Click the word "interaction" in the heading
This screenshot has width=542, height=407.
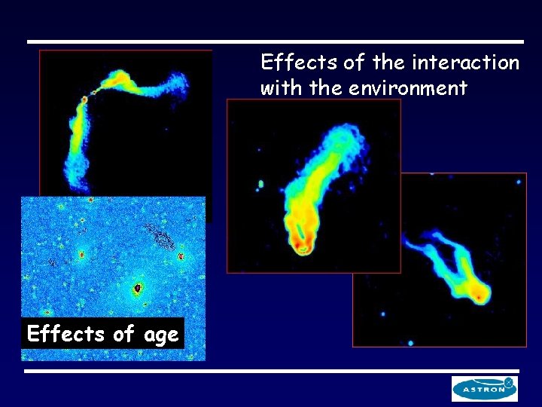[x=473, y=62]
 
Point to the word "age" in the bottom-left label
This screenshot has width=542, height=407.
[x=161, y=334]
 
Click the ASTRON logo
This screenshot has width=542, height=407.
[x=485, y=388]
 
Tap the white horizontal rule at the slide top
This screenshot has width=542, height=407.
[x=275, y=41]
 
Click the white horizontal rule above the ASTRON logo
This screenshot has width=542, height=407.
[x=271, y=371]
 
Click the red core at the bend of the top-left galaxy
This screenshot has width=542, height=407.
[x=84, y=98]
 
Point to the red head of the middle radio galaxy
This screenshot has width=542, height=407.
[x=303, y=246]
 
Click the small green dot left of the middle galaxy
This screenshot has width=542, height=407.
[x=261, y=183]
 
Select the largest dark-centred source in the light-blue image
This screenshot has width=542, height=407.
[x=138, y=288]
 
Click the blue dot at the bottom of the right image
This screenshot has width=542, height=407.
[x=410, y=342]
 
